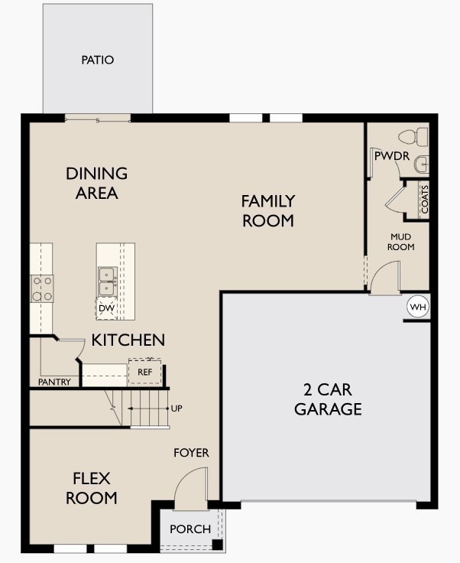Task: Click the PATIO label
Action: pos(97,60)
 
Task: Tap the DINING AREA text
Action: pos(97,184)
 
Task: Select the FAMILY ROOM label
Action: pos(267,211)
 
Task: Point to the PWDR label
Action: pos(392,156)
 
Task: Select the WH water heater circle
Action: pos(417,307)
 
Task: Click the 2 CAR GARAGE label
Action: pos(328,399)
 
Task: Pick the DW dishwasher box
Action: pos(106,308)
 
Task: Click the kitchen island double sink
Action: pos(106,281)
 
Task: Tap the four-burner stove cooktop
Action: pos(41,288)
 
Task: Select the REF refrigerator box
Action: pos(144,372)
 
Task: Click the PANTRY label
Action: pos(54,382)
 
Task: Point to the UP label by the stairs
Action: pos(177,408)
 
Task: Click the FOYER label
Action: pos(191,453)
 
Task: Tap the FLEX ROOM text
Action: pos(91,488)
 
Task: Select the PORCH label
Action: pos(190,529)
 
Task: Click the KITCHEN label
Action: pos(128,340)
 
